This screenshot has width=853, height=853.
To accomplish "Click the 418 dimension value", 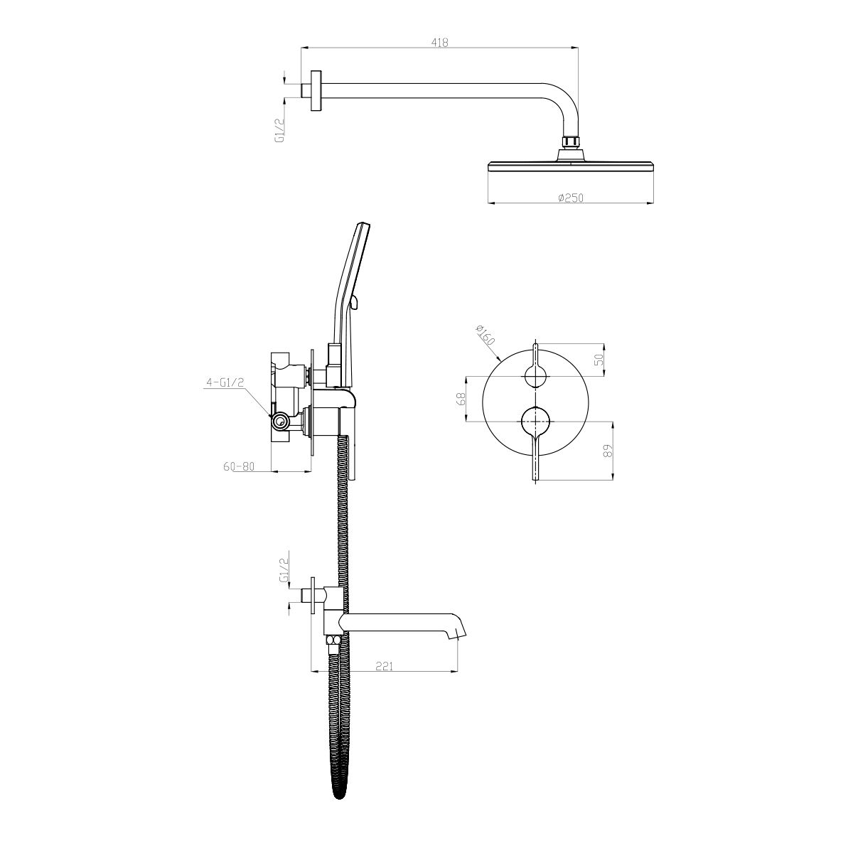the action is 439,42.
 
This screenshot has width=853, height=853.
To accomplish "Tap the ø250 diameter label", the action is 571,198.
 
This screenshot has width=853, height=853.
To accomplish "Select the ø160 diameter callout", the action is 485,335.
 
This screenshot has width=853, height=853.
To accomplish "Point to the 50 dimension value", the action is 599,360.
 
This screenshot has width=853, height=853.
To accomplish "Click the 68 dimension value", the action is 461,399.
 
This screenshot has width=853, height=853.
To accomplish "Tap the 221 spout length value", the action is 385,678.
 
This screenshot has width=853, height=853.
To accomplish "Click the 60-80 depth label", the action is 239,466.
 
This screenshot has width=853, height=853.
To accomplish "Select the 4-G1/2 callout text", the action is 225,382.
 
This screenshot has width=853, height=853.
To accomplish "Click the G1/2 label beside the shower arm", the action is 279,129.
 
